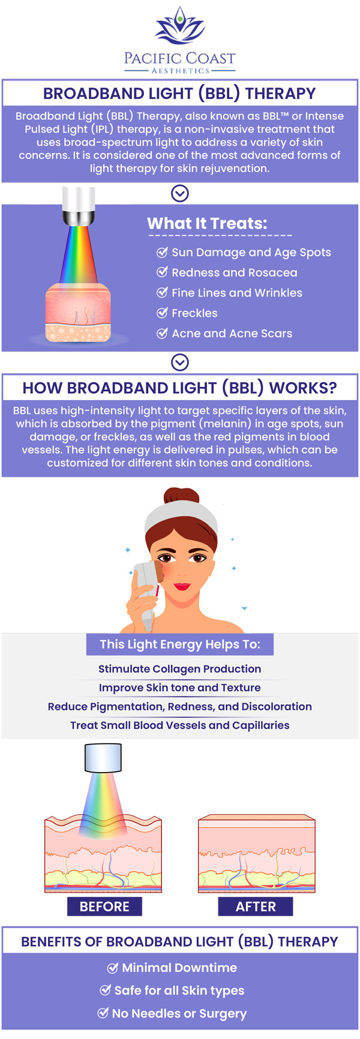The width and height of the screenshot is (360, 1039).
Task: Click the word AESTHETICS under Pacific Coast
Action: pyautogui.click(x=181, y=71)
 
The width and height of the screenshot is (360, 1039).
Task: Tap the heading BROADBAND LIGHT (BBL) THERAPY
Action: pyautogui.click(x=179, y=94)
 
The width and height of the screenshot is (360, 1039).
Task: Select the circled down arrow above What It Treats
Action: pyautogui.click(x=180, y=193)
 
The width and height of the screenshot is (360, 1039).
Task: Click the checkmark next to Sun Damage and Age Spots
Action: pyautogui.click(x=162, y=252)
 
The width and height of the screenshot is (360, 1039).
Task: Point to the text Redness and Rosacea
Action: pyautogui.click(x=235, y=272)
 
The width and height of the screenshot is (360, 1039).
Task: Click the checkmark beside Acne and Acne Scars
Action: pyautogui.click(x=162, y=333)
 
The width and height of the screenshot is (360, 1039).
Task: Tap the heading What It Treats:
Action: pyautogui.click(x=208, y=223)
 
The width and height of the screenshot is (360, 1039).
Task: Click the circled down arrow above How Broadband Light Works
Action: pyautogui.click(x=180, y=362)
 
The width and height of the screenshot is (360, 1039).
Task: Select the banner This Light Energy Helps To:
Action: pyautogui.click(x=180, y=644)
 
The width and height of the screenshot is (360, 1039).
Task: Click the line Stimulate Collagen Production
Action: pyautogui.click(x=180, y=669)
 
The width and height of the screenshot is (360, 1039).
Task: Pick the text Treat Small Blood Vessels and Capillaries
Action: pyautogui.click(x=180, y=725)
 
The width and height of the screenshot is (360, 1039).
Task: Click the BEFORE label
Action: pyautogui.click(x=104, y=906)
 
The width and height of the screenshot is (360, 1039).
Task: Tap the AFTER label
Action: pyautogui.click(x=256, y=906)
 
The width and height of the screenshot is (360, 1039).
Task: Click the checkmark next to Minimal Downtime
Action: pyautogui.click(x=112, y=968)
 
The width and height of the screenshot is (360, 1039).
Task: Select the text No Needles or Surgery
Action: pyautogui.click(x=179, y=1014)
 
